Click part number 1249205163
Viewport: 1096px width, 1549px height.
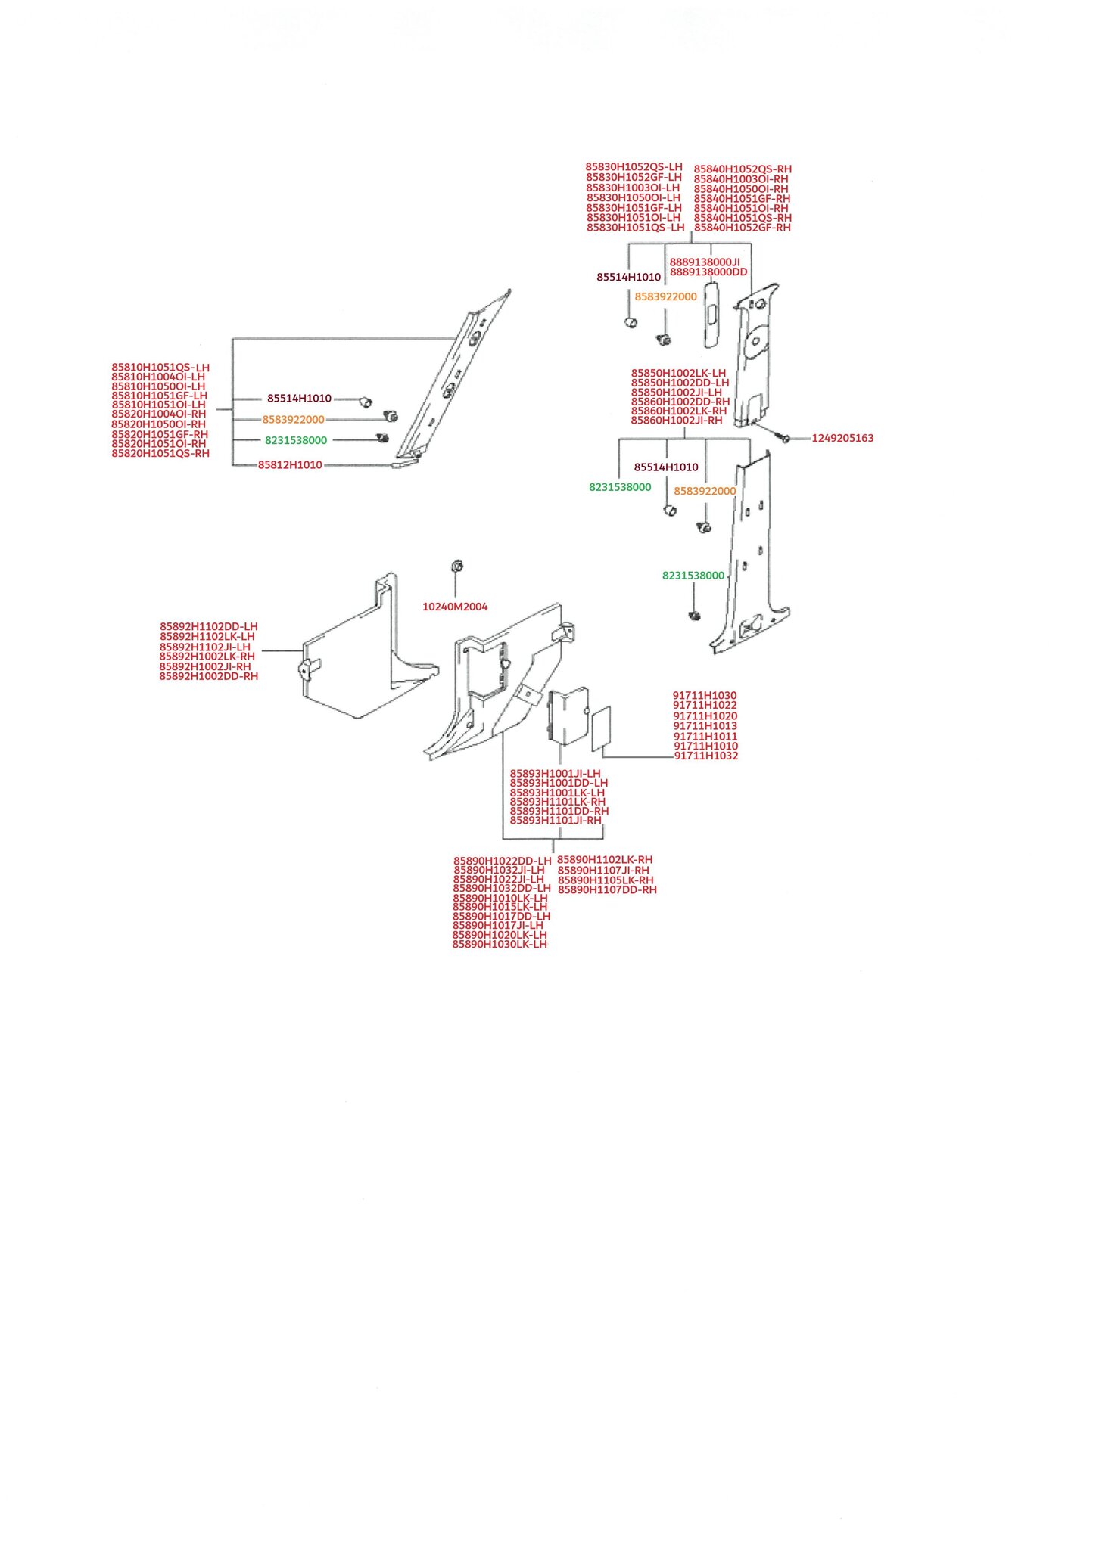click(842, 438)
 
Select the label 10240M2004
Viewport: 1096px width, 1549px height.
click(455, 607)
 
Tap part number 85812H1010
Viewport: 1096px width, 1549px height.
click(290, 465)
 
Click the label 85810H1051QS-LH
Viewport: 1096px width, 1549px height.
click(160, 368)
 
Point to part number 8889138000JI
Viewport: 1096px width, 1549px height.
click(705, 262)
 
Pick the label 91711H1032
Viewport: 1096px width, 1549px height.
click(706, 756)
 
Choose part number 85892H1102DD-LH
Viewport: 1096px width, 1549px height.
click(209, 627)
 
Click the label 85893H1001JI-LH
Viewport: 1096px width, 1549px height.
click(556, 774)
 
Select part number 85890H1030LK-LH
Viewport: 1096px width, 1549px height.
click(500, 945)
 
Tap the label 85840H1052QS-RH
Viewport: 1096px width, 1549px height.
click(743, 169)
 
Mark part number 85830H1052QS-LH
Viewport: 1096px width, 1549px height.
click(634, 167)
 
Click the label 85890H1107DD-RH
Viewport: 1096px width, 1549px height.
click(607, 890)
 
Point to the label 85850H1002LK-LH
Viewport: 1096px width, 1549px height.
click(678, 374)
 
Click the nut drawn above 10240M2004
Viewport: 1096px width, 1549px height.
click(456, 567)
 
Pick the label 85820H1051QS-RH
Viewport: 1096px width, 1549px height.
click(160, 454)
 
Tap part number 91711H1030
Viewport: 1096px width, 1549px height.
click(705, 696)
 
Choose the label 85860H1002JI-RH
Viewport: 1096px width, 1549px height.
click(677, 421)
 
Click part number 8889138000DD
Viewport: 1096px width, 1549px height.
click(708, 272)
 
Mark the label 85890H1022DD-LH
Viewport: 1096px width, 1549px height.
click(503, 861)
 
